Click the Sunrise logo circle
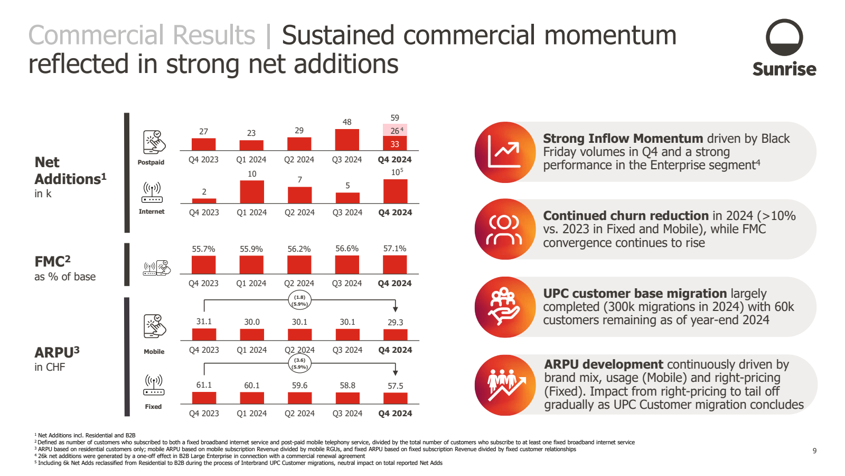pyautogui.click(x=784, y=38)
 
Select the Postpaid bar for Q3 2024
pyautogui.click(x=347, y=140)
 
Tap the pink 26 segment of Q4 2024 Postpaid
pyautogui.click(x=395, y=131)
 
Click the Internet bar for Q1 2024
pyautogui.click(x=252, y=192)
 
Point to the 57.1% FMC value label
pyautogui.click(x=395, y=249)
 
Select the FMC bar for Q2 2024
pyautogui.click(x=299, y=265)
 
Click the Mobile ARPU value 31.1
pyautogui.click(x=204, y=322)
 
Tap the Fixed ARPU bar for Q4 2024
pyautogui.click(x=395, y=398)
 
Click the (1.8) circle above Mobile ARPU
pyautogui.click(x=299, y=300)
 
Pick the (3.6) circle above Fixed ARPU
pyautogui.click(x=299, y=363)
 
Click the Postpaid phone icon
pyautogui.click(x=154, y=142)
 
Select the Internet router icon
pyautogui.click(x=152, y=193)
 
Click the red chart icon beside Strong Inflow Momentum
pyautogui.click(x=505, y=152)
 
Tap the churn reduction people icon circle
pyautogui.click(x=505, y=229)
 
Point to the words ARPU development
pyautogui.click(x=603, y=364)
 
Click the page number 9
pyautogui.click(x=814, y=451)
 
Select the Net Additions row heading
pyautogui.click(x=70, y=171)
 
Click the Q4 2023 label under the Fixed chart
pyautogui.click(x=204, y=414)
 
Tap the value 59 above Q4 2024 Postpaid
pyautogui.click(x=395, y=118)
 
